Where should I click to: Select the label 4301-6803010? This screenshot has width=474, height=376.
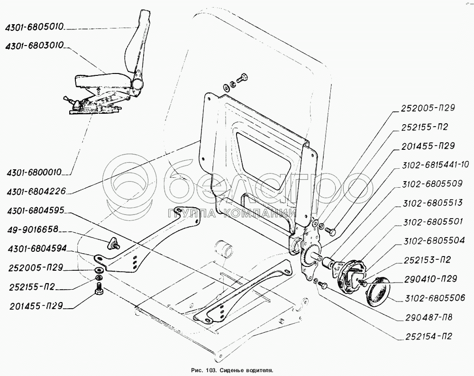[36, 48]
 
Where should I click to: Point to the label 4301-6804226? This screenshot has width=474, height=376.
[36, 192]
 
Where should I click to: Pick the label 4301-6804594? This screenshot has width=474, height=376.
[36, 249]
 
